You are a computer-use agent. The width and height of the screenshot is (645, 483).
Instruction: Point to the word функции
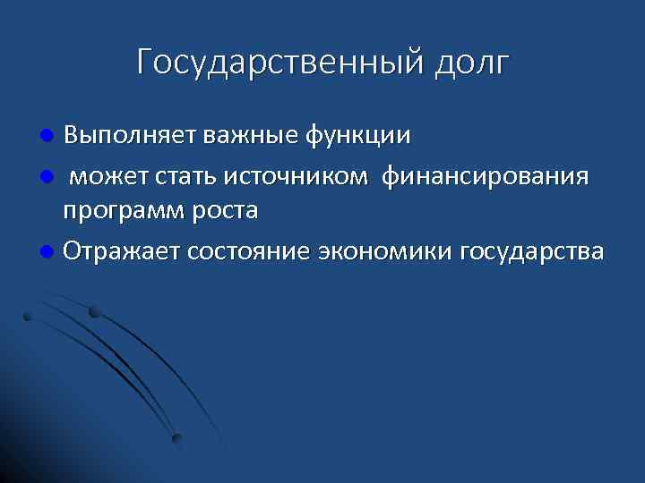coord(358,136)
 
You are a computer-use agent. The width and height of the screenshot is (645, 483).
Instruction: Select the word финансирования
coord(486,175)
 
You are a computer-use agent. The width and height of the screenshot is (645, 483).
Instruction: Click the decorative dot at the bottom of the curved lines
coord(176,438)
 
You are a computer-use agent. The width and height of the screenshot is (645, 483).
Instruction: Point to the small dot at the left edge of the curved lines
coord(28,316)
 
